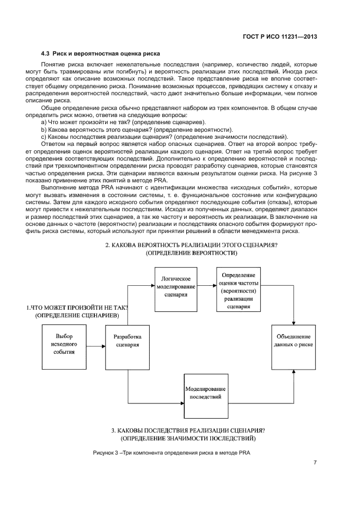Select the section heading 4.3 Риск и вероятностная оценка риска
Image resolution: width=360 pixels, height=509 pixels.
(100, 54)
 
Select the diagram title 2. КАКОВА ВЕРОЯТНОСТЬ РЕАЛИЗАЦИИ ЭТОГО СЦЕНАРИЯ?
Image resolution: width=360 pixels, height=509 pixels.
(192, 245)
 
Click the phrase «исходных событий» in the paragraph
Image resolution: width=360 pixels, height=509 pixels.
(265, 186)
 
